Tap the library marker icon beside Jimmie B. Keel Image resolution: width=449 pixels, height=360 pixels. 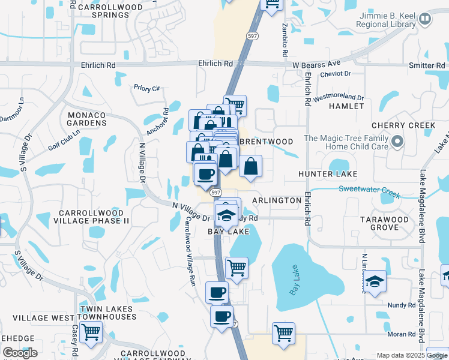(x=425, y=19)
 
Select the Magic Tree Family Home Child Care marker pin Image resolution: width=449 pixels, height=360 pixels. (x=397, y=142)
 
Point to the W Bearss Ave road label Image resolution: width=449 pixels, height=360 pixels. (x=316, y=63)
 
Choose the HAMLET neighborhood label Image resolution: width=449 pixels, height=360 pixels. (x=346, y=106)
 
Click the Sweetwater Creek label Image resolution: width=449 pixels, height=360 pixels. (x=369, y=191)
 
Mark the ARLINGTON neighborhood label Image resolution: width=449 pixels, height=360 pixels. (x=276, y=200)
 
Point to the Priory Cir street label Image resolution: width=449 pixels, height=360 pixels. (x=147, y=88)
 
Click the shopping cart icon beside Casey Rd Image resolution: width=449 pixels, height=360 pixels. (x=91, y=331)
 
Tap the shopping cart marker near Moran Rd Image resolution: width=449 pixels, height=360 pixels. (x=283, y=332)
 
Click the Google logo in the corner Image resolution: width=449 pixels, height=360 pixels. (x=20, y=353)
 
